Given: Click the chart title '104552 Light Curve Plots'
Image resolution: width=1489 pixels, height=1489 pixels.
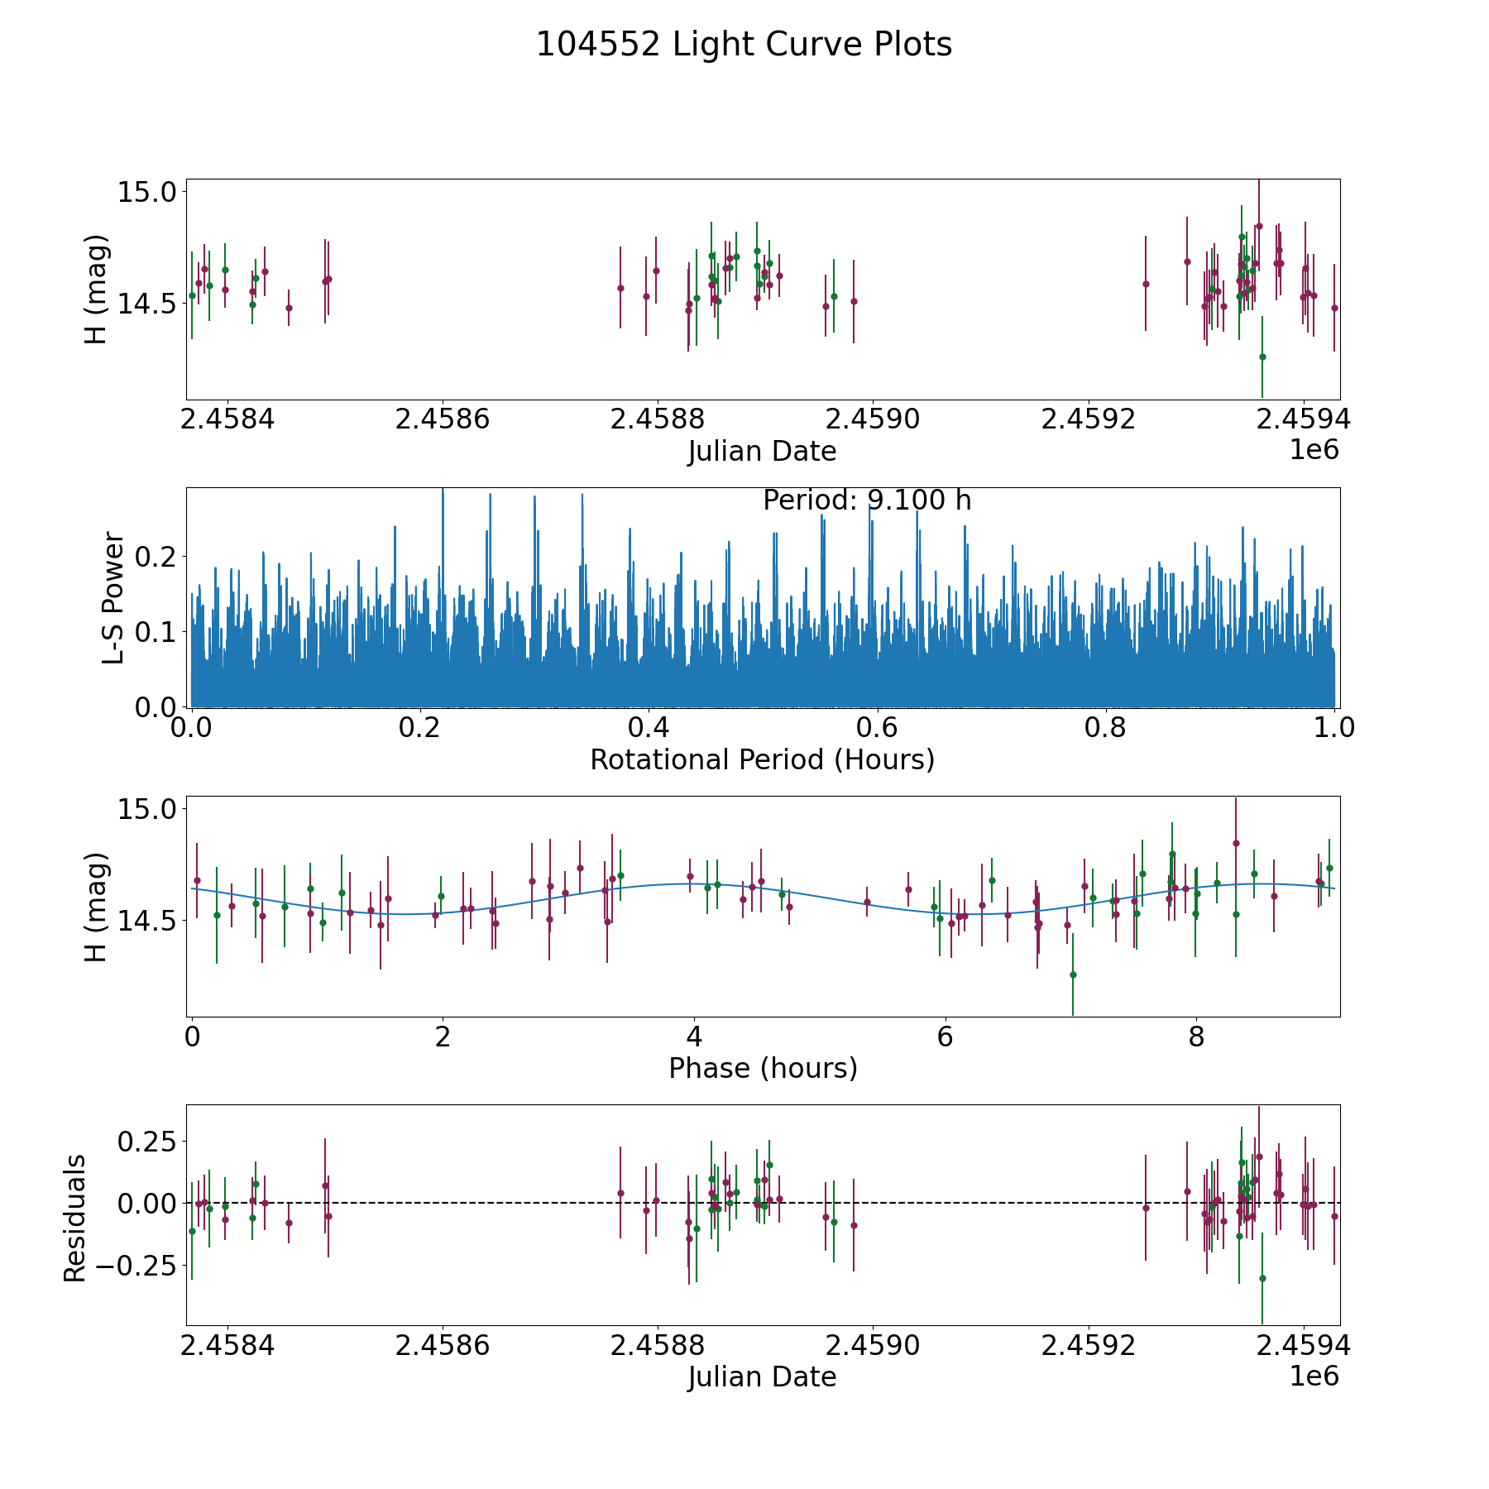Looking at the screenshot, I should [x=744, y=45].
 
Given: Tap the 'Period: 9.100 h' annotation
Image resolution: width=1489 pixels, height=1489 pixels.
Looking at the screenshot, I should [x=866, y=500].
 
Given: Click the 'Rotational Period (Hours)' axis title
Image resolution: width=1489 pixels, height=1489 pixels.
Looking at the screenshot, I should [x=762, y=759].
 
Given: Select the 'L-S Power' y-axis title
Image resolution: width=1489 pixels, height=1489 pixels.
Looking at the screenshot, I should [x=113, y=597].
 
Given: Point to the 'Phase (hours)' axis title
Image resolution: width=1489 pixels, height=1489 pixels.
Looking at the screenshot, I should [x=763, y=1068].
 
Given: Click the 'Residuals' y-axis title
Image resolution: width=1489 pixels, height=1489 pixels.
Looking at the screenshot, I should [x=75, y=1218].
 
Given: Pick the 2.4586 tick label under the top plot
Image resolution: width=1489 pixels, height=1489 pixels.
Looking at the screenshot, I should [x=443, y=419].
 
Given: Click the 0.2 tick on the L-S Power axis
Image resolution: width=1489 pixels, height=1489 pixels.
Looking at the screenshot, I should [x=156, y=556].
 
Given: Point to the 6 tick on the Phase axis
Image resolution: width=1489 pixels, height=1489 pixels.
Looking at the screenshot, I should [x=946, y=1037].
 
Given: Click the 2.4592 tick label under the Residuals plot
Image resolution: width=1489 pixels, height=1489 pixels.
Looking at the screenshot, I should [x=1088, y=1346].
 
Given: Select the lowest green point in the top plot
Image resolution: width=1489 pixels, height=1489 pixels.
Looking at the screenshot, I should [x=1262, y=357].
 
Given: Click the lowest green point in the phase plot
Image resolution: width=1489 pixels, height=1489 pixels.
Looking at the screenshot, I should [x=1073, y=974].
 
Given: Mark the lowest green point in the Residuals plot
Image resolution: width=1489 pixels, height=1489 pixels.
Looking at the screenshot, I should [x=1262, y=1278].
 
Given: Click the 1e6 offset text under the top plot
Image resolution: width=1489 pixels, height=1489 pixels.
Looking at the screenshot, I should [x=1314, y=451].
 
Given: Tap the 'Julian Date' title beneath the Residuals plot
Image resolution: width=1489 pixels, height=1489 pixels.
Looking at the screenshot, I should [x=762, y=1377].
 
